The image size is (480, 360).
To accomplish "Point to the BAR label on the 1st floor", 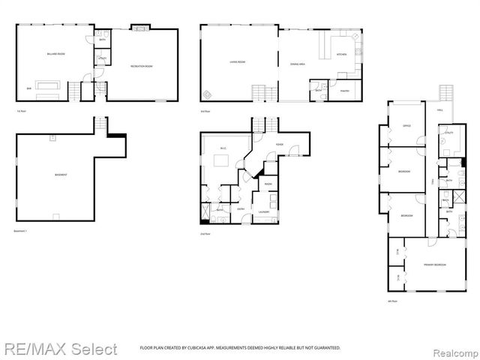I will point(29,87).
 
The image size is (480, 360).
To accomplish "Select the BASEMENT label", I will point(61,175).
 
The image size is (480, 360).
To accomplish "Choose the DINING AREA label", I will point(298,64).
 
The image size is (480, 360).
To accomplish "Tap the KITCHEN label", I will point(341,55).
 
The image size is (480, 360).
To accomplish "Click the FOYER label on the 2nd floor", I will point(278,144).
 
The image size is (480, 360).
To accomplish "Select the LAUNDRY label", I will point(264,211).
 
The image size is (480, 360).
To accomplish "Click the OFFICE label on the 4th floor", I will point(406,125).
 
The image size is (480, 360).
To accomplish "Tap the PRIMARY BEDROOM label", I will point(424,265).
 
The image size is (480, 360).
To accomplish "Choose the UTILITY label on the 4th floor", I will point(448,133).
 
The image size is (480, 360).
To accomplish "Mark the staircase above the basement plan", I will point(102,124).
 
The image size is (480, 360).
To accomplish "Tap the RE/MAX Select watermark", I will point(59,349).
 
